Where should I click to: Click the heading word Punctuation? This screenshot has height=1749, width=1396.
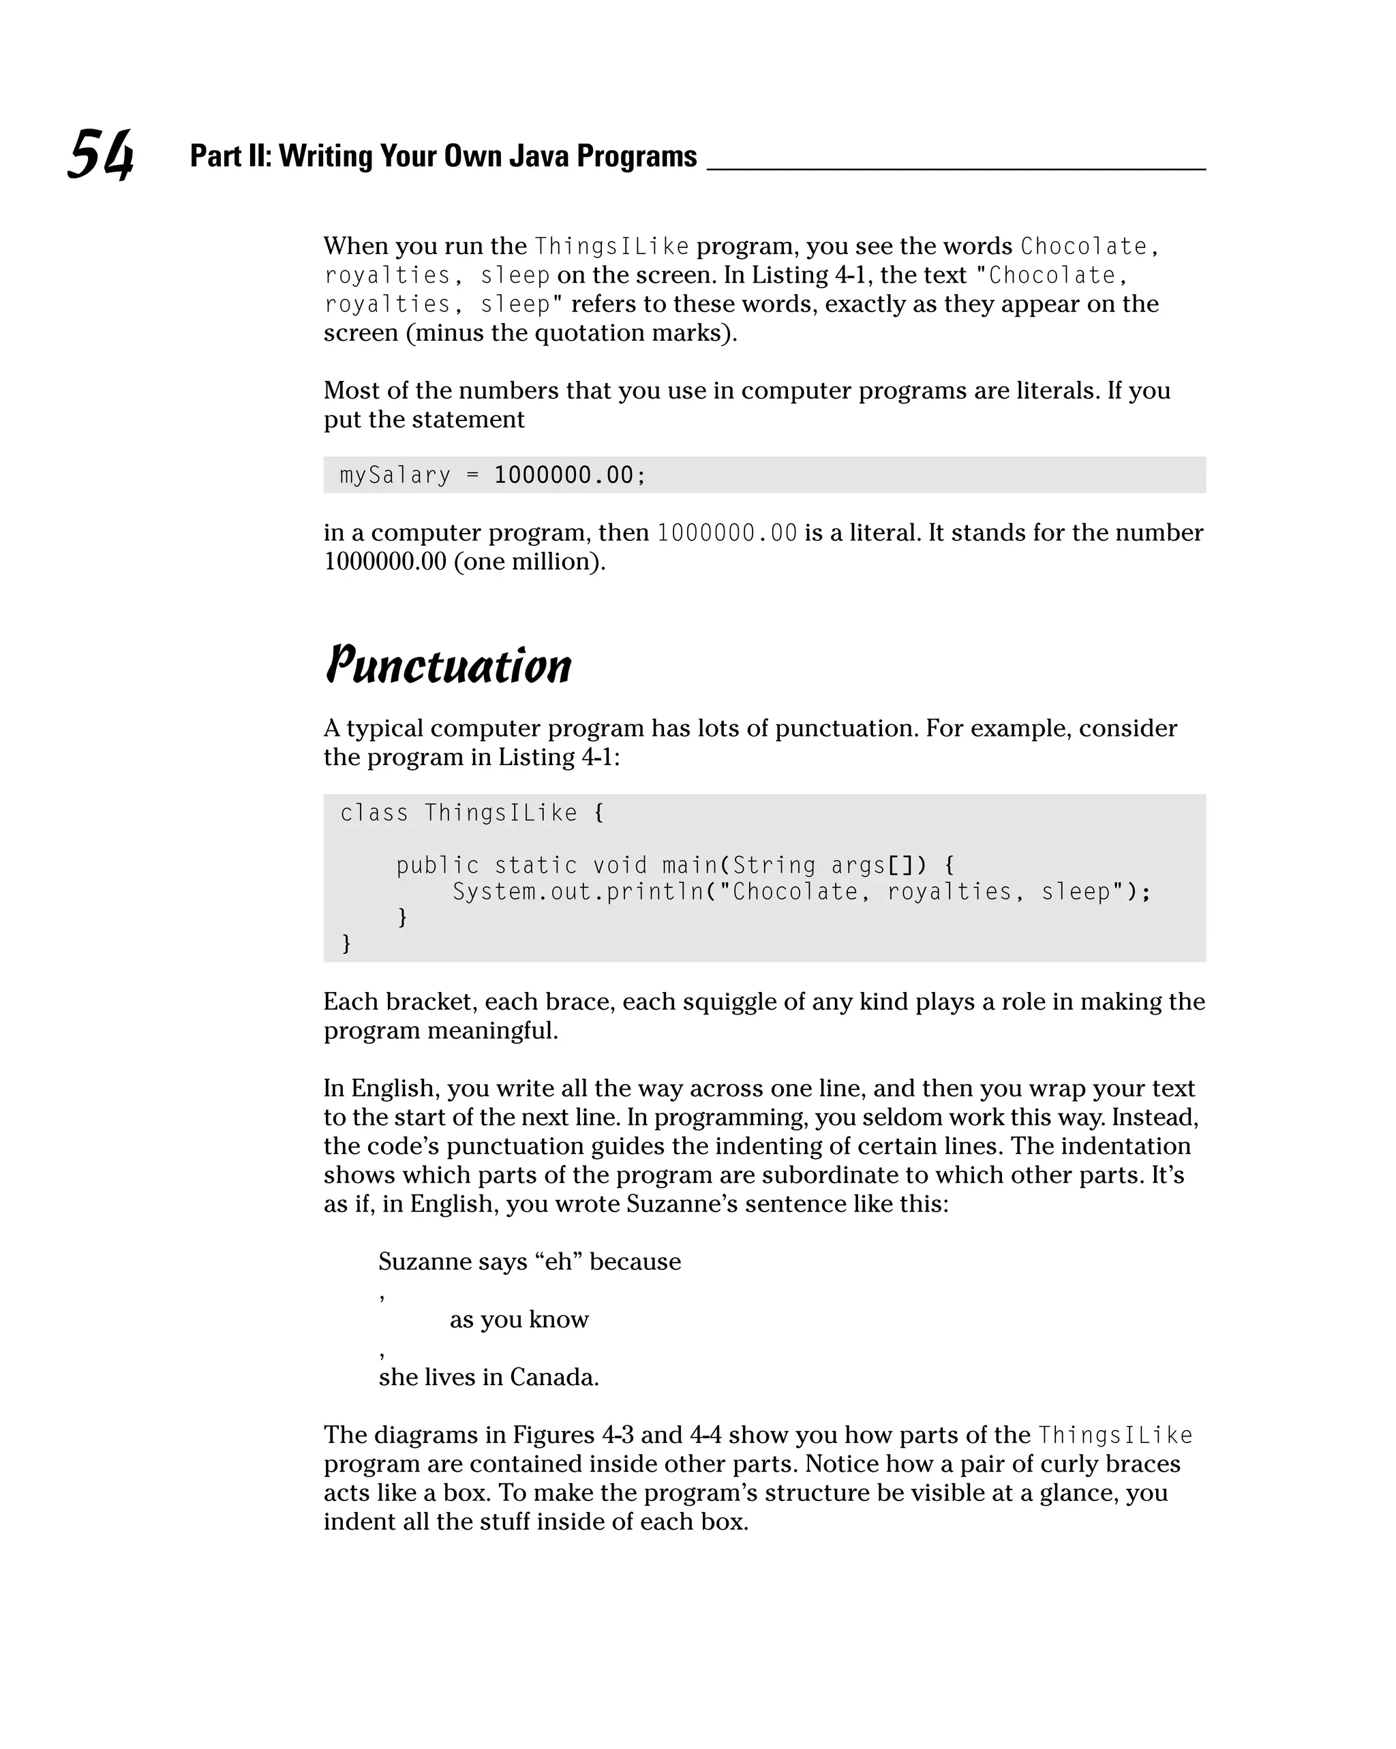(x=448, y=667)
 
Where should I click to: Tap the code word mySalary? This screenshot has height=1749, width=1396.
(x=395, y=475)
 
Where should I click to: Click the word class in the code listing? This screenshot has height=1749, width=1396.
(x=374, y=813)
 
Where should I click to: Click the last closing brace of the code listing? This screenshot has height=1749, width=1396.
(x=346, y=943)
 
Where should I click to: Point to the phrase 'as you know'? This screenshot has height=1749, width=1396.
(x=519, y=1319)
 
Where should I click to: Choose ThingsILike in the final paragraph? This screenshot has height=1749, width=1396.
(x=1115, y=1435)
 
